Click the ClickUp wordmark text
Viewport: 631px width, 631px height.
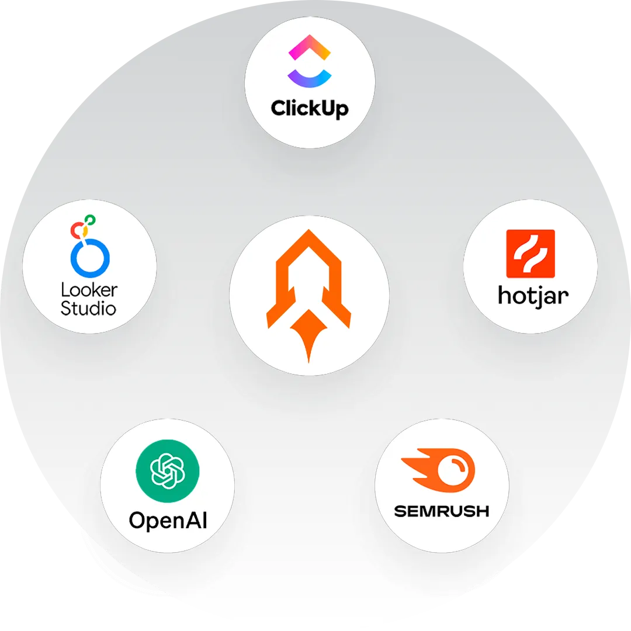tap(310, 108)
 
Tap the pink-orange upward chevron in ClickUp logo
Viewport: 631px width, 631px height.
tap(310, 47)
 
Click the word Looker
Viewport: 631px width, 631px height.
tap(89, 290)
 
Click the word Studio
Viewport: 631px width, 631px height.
tap(88, 307)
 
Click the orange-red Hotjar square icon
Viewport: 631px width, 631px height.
tap(530, 254)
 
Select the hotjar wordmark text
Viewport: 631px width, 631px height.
tap(532, 296)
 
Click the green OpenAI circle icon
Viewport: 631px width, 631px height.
tap(167, 471)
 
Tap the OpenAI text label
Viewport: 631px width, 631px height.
tap(168, 519)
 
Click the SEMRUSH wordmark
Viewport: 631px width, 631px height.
tap(441, 511)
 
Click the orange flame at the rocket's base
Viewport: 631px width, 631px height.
tap(309, 333)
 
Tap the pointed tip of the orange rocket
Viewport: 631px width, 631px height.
tap(308, 233)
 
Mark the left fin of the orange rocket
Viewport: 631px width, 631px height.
tap(275, 315)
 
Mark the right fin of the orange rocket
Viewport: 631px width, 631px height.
tap(343, 315)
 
